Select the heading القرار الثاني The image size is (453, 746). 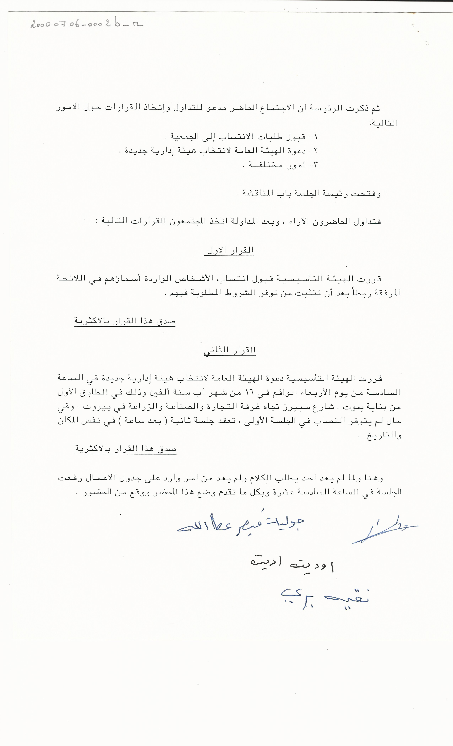tap(230, 350)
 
